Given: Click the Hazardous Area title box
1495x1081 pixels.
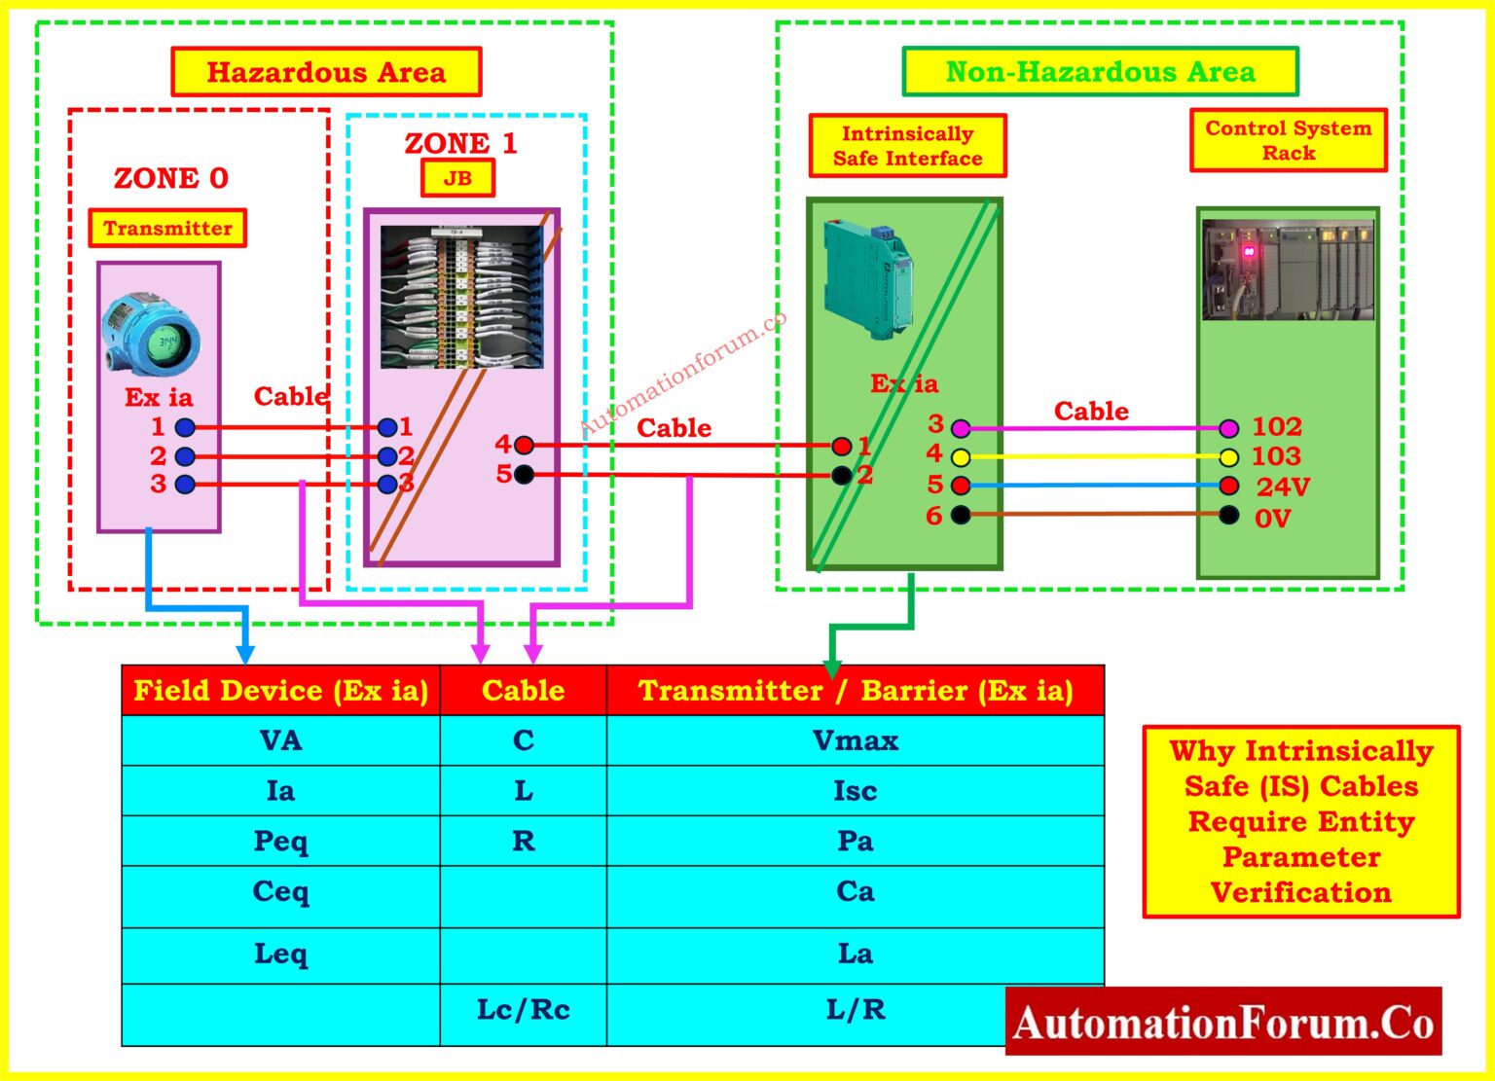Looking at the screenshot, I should (x=326, y=72).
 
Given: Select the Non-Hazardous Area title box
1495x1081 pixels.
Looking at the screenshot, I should (x=1100, y=72).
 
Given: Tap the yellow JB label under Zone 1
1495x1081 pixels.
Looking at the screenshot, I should (x=457, y=178).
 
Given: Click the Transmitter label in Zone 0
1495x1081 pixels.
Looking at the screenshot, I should (x=167, y=228).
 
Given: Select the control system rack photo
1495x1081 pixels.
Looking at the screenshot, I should (x=1287, y=270).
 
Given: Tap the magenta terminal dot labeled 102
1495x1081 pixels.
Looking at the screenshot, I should (x=1229, y=428).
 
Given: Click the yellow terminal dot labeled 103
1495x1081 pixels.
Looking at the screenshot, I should (x=1229, y=457).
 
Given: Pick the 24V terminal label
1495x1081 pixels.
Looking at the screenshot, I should (x=1283, y=486).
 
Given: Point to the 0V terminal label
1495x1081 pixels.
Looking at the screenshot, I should (x=1272, y=518).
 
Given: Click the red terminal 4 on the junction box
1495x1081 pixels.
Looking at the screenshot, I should (x=525, y=446).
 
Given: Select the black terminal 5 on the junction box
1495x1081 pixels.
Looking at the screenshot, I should (x=525, y=475).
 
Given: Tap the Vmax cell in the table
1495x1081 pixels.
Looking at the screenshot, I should (x=855, y=740).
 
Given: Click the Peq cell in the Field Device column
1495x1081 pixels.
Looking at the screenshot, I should (x=280, y=841).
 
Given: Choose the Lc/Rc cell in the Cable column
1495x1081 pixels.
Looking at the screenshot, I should (x=523, y=1010).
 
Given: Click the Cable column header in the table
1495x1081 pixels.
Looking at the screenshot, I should (x=523, y=691).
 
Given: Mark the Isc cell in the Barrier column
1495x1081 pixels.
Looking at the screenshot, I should (x=855, y=791).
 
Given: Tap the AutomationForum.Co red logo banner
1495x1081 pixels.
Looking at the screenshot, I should (x=1223, y=1022).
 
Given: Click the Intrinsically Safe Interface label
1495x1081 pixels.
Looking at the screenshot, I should (x=907, y=146).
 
